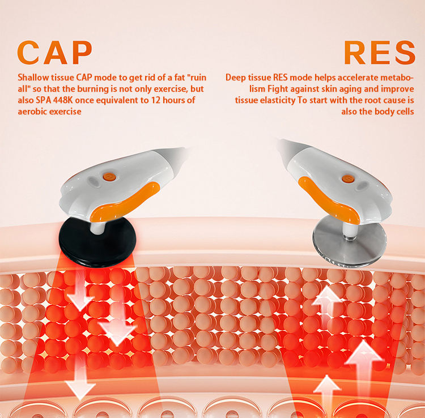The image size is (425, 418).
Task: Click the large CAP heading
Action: coord(55,53)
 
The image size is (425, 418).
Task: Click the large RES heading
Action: coord(380,53)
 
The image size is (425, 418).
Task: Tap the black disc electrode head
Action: coord(97,242)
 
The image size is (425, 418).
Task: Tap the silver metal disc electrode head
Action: coord(350,241)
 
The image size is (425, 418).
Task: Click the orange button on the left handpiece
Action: coord(109,177)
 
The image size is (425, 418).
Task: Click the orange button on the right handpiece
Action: coord(348,178)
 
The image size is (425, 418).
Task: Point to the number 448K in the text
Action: coord(62,100)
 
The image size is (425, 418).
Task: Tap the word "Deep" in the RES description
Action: coord(235,78)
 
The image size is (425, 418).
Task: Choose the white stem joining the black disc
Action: coord(97,227)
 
